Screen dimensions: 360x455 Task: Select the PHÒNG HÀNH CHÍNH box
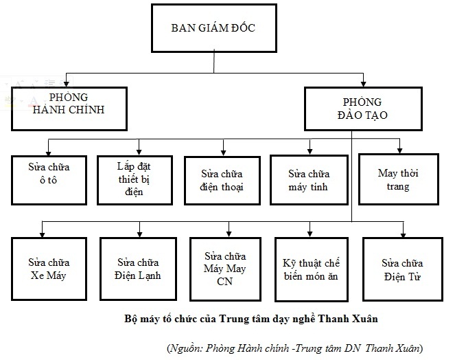[69, 108]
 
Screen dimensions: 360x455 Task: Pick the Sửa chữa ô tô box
[49, 179]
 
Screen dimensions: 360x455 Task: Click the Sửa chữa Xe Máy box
[49, 269]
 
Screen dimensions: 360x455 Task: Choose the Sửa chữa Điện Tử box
[402, 269]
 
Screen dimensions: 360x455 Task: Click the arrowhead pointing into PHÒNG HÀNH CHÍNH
[66, 82]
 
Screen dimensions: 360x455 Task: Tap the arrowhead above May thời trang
[400, 150]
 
